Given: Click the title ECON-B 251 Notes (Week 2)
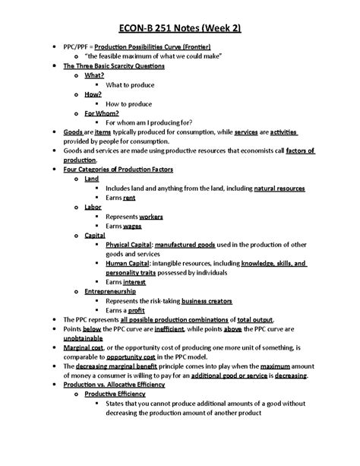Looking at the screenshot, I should tap(179, 29).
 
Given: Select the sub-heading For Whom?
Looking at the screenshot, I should tap(99, 113).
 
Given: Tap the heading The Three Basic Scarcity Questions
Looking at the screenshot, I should tap(113, 66).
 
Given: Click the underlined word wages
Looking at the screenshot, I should tap(132, 226).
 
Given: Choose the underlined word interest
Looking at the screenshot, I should tap(134, 281).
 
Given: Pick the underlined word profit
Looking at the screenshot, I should tap(136, 309).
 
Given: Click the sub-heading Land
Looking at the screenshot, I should tap(92, 179).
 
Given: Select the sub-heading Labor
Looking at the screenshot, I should tap(93, 207).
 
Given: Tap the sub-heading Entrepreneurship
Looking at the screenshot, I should tap(111, 290).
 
